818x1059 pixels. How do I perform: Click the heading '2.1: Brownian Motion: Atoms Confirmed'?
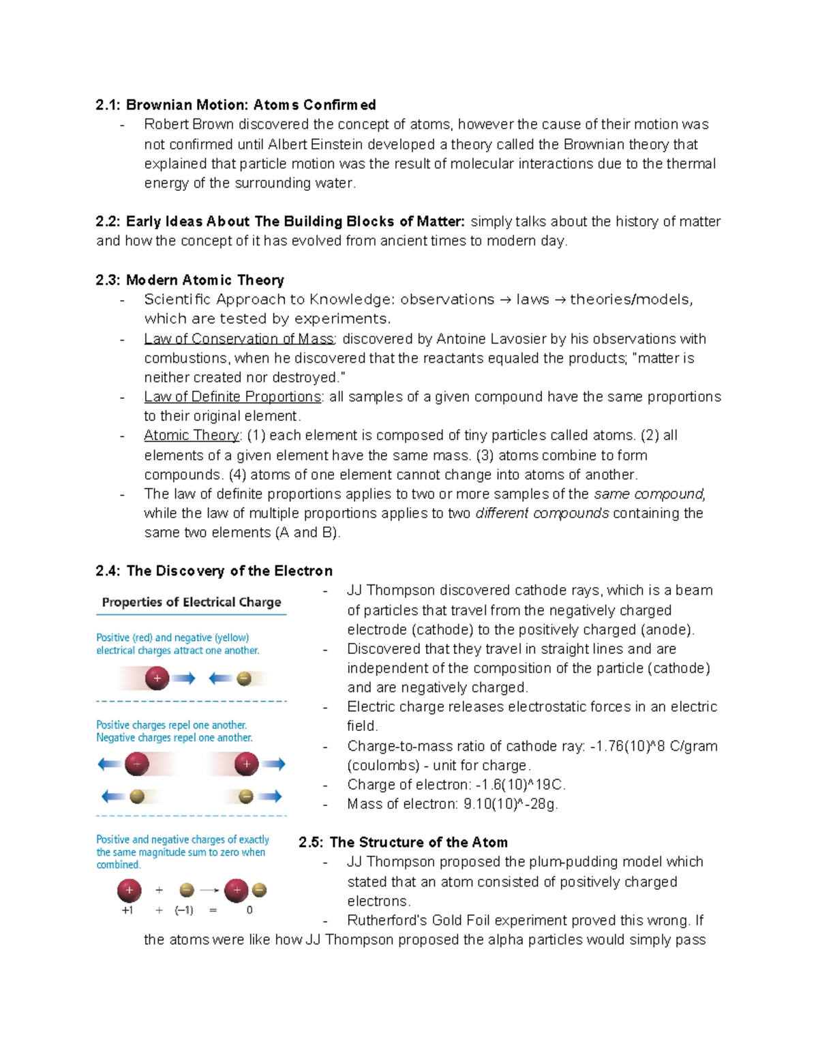pos(235,105)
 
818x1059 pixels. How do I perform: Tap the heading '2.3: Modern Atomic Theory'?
pos(190,280)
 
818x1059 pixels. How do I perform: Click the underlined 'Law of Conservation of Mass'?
pos(239,339)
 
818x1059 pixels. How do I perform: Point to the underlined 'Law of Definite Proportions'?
pos(232,397)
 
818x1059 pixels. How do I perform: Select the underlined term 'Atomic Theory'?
pos(192,435)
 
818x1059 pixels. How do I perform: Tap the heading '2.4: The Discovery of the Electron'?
pos(214,571)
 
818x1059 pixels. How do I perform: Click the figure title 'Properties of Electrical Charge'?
pos(192,602)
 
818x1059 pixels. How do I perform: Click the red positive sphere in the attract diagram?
pos(157,678)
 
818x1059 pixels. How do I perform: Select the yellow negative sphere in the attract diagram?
pos(244,678)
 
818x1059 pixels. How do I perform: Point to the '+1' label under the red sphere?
pos(127,910)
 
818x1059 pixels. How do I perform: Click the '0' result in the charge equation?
pos(249,910)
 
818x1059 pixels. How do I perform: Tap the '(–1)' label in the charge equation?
pos(184,910)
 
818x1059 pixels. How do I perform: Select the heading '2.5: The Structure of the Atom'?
pos(404,842)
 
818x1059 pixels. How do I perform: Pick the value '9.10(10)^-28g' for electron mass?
pos(511,804)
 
